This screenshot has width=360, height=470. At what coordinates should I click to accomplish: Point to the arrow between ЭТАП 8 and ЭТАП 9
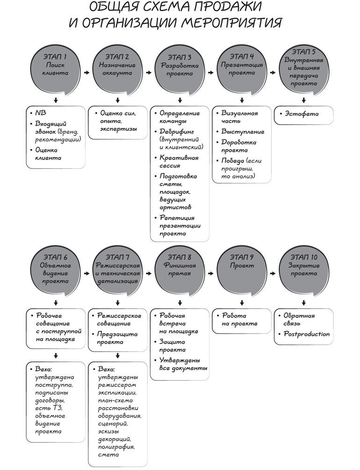211,273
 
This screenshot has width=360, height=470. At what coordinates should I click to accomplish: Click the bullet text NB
41,113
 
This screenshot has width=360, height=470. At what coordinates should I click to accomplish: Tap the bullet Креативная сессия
179,161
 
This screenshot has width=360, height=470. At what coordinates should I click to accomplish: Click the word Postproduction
307,334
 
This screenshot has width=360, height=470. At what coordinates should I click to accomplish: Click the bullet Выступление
243,132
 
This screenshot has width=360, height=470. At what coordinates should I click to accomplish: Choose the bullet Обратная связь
302,320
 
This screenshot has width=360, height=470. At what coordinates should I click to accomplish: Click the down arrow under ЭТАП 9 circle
242,302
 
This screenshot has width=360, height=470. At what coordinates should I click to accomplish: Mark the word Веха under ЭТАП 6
43,369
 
